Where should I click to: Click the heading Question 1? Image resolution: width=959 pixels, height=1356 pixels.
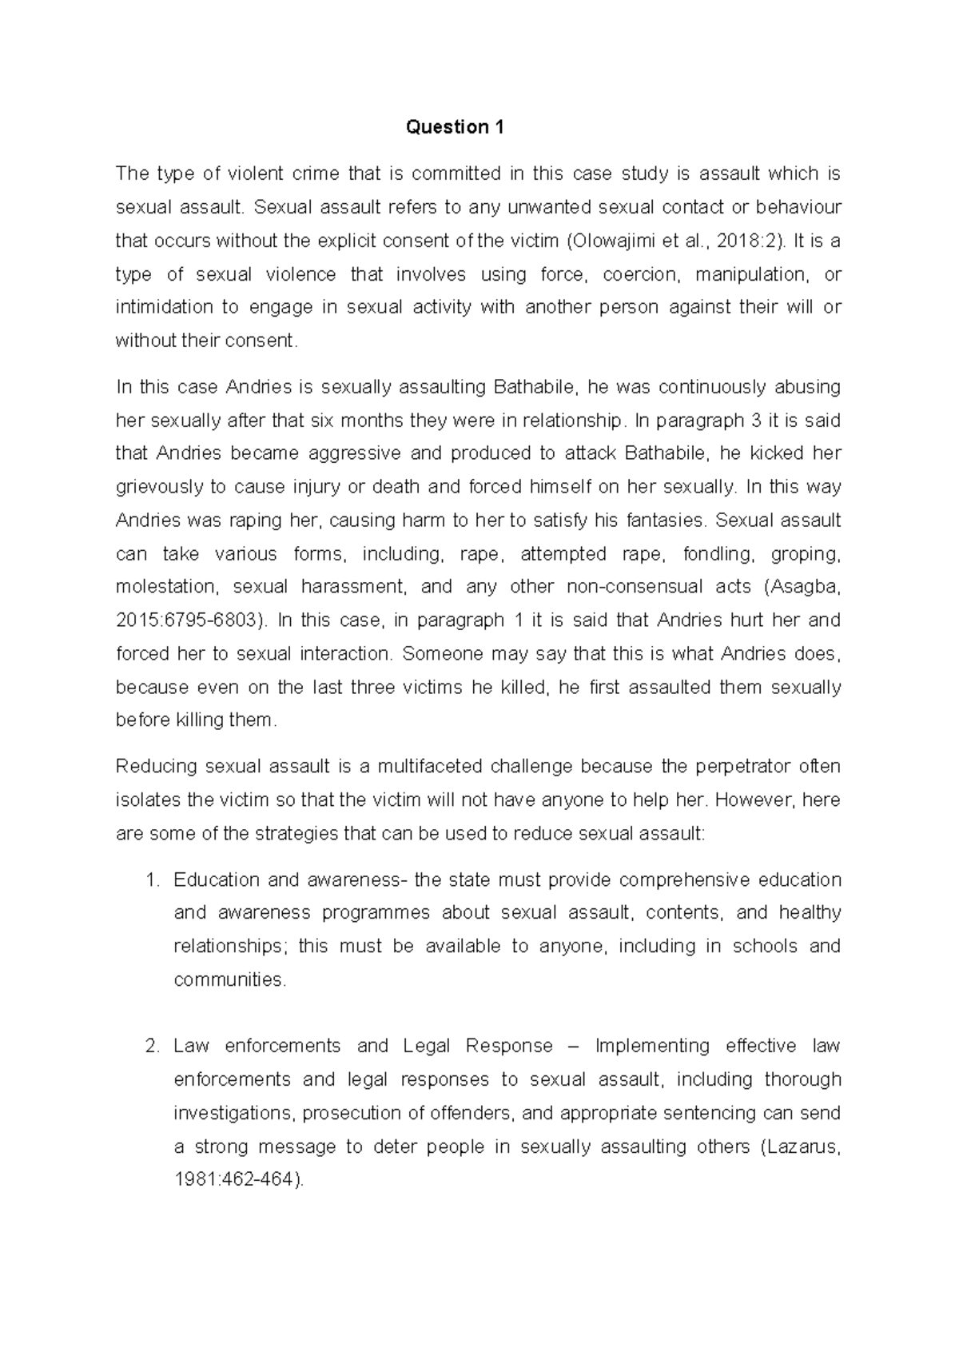(x=455, y=127)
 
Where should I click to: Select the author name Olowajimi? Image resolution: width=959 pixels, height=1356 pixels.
(x=611, y=241)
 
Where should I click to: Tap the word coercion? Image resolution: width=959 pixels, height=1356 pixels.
(x=642, y=274)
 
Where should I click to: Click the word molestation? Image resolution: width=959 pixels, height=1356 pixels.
(x=166, y=587)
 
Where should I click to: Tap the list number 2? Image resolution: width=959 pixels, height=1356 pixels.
(x=153, y=1047)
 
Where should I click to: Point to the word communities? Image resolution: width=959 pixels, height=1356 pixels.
(x=229, y=980)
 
